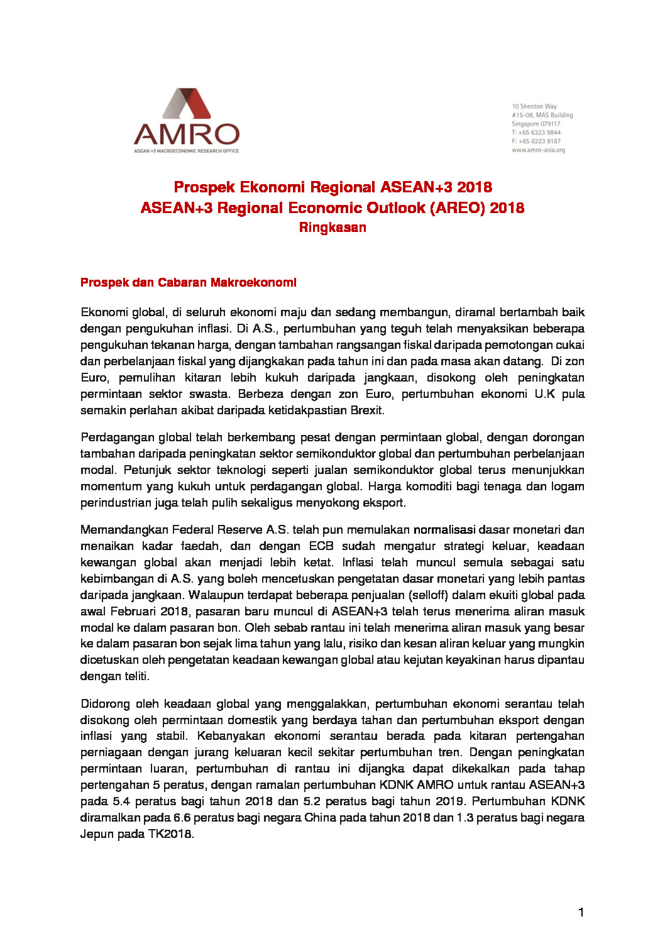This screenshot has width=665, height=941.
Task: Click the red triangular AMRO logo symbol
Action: (187, 104)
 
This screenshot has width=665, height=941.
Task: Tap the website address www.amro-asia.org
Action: (538, 150)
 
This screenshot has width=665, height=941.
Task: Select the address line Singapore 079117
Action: (536, 124)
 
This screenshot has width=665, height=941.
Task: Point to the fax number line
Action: (536, 141)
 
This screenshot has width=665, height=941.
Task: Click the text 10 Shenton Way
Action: (534, 106)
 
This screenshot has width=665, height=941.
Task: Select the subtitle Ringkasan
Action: (332, 228)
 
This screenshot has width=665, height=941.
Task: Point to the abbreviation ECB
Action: (321, 546)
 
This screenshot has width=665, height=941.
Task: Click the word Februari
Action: (134, 612)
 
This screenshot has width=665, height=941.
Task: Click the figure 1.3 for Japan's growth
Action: (462, 818)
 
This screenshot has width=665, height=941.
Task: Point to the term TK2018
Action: (170, 834)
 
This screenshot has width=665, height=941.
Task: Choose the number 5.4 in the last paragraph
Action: (121, 801)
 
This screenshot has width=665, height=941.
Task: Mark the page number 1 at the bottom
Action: (581, 912)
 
